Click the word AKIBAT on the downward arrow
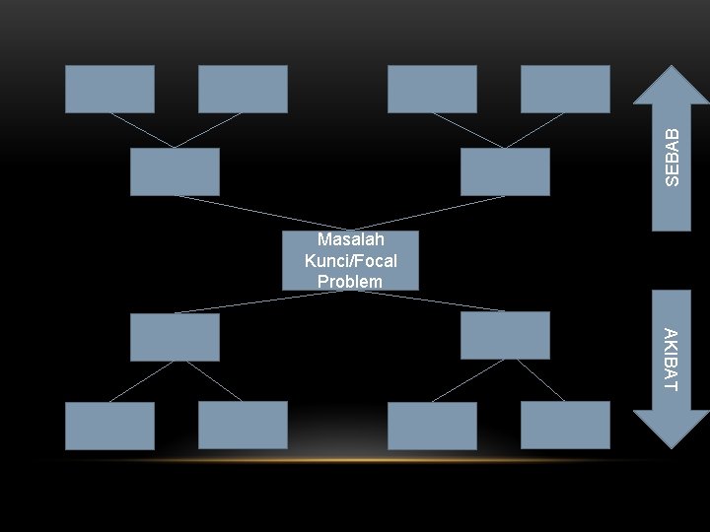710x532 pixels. (x=671, y=360)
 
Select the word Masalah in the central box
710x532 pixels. (x=350, y=240)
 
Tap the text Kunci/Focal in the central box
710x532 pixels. (x=350, y=261)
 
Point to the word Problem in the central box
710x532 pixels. (x=350, y=282)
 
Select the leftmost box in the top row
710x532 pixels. (x=109, y=89)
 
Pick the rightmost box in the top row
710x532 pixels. (x=565, y=89)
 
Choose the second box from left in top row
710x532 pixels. (x=243, y=89)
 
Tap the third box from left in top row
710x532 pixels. (x=432, y=89)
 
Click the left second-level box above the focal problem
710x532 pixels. (x=175, y=171)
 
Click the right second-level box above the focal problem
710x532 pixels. (x=505, y=171)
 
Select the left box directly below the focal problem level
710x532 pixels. (x=175, y=337)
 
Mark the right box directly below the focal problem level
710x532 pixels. (x=505, y=335)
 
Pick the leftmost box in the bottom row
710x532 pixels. (x=109, y=426)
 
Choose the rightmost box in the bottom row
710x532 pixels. (x=565, y=425)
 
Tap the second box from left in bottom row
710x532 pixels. (x=243, y=425)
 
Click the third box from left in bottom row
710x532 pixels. (x=432, y=426)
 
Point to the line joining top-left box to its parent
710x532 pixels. (x=142, y=130)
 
